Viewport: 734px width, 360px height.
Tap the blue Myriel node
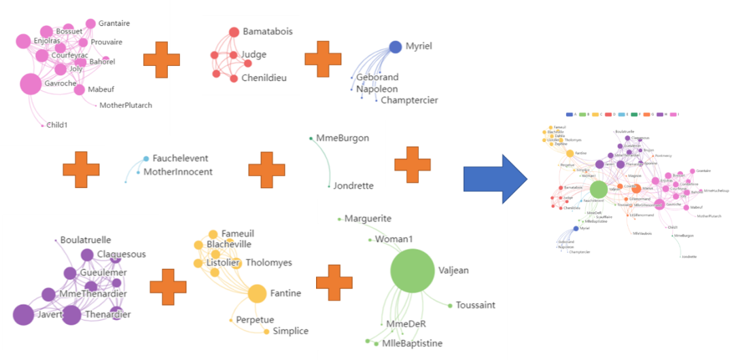[395, 47]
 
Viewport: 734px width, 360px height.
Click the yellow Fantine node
[256, 293]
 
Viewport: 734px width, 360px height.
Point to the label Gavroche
[60, 84]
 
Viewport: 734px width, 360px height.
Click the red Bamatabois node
[234, 32]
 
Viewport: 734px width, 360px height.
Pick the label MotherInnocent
[178, 172]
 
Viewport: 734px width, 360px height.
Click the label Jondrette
[353, 185]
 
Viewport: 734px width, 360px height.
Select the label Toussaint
[476, 305]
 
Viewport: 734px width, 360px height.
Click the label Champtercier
[409, 101]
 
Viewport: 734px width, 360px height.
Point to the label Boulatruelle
[86, 240]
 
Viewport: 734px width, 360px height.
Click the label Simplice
[290, 331]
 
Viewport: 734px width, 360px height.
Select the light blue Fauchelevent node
[146, 158]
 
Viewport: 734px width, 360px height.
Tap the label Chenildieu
[264, 78]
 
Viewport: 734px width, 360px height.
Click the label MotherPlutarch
[126, 105]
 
